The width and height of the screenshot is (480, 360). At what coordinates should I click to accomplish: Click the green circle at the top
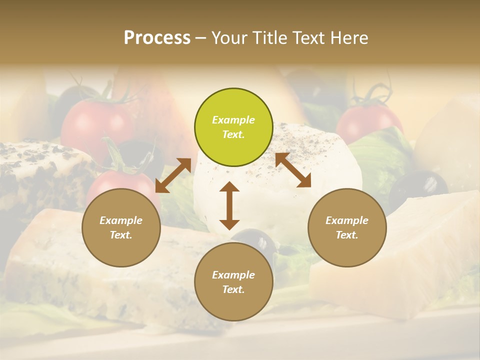pyautogui.click(x=233, y=127)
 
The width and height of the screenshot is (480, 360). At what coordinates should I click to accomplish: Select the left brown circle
pyautogui.click(x=121, y=227)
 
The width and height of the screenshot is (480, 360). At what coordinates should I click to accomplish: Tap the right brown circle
pyautogui.click(x=347, y=227)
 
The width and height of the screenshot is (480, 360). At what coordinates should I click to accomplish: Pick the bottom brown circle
pyautogui.click(x=233, y=282)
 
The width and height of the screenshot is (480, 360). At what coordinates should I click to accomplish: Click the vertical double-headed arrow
pyautogui.click(x=229, y=205)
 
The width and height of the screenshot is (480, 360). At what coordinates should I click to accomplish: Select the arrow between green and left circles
pyautogui.click(x=173, y=175)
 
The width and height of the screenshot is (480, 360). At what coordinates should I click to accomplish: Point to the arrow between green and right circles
pyautogui.click(x=293, y=170)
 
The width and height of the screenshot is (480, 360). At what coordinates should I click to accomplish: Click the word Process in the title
pyautogui.click(x=157, y=38)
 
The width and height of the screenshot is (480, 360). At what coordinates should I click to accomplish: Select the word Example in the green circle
pyautogui.click(x=233, y=120)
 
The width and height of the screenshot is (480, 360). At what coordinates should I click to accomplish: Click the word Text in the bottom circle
pyautogui.click(x=232, y=289)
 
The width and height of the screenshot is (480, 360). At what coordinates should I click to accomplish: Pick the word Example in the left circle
pyautogui.click(x=121, y=220)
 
